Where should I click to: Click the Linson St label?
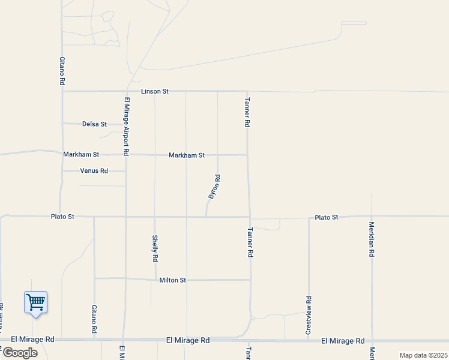155,91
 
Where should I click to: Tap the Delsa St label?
94,124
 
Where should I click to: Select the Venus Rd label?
94,171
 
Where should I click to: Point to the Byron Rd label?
214,187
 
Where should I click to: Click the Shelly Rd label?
155,248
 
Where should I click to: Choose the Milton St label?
173,280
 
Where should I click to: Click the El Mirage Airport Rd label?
127,127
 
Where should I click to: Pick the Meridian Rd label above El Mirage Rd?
372,240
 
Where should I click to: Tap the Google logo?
20,353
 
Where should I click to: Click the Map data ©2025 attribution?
423,355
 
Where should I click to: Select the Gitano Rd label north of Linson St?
62,70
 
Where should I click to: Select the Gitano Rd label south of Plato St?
94,319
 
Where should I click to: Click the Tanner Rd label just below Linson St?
247,112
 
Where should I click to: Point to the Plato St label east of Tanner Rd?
327,217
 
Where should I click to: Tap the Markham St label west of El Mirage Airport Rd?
81,154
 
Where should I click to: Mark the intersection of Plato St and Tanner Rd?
250,217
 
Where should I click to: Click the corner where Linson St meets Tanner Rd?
247,91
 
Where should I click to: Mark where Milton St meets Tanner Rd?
250,280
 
